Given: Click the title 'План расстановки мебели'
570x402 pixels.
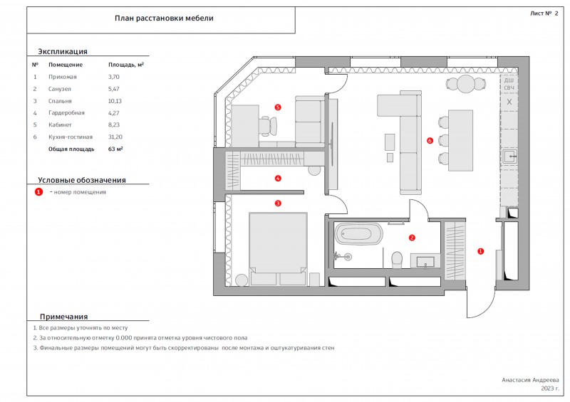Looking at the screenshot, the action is coord(164,18).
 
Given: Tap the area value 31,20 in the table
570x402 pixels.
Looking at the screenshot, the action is coord(115,137).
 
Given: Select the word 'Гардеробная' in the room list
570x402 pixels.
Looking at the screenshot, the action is coord(66,113).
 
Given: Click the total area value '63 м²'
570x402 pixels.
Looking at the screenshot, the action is coord(115,149).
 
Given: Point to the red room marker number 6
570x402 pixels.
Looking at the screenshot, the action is coord(430,141).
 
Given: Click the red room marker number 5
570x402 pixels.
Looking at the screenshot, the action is coord(278,107).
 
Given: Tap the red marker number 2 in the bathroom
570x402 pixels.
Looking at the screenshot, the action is coord(412,238).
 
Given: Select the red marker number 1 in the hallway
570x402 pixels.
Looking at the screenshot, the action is coord(480,251).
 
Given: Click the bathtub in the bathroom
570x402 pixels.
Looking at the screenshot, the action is coord(358,233).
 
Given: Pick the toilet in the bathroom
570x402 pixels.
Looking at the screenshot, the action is coord(397,260).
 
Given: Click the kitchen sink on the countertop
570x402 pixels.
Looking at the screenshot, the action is coord(510,156).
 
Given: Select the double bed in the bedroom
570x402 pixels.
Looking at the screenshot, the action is coord(278,249).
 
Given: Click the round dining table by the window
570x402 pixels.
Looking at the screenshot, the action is coord(467,84).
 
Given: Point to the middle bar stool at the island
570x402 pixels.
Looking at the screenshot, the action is coord(443,140).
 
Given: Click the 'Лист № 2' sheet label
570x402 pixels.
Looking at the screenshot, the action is coord(544,14).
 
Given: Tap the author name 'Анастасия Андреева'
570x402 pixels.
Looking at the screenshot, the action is coord(530,380).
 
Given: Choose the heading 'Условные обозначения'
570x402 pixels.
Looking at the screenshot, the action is coord(82,180).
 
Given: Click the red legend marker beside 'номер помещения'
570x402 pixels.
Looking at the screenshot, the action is coord(38,191).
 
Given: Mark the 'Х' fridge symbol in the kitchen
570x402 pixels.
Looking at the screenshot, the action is coord(509,102).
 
